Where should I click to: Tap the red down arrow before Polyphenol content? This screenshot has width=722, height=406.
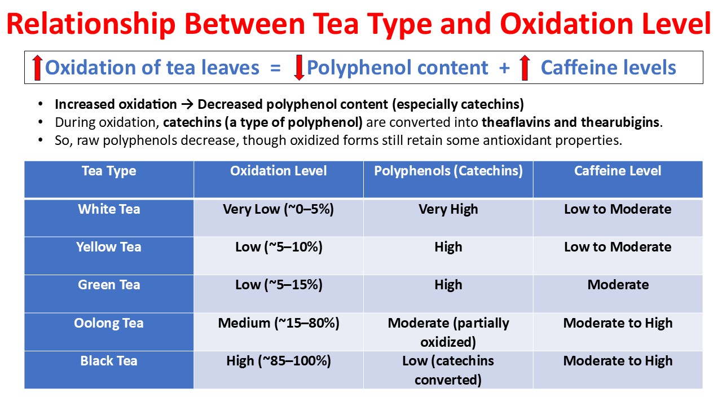(x=299, y=68)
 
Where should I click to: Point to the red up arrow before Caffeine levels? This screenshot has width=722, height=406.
(x=525, y=68)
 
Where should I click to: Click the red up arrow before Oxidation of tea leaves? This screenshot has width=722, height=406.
(x=37, y=68)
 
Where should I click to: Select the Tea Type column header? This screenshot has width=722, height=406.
(x=109, y=171)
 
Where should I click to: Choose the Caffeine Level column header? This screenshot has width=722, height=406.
(x=618, y=171)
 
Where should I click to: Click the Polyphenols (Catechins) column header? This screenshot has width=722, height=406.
(x=448, y=171)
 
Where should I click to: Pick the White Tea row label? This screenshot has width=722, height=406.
(x=109, y=209)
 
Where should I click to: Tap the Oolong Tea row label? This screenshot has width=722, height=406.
(x=109, y=323)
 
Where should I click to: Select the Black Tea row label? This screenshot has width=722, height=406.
(x=109, y=361)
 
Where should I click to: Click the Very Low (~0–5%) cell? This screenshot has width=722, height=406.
(x=279, y=209)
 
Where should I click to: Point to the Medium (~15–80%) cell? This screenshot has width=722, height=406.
(x=279, y=323)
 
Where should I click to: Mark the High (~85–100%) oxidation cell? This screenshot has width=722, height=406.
(x=279, y=361)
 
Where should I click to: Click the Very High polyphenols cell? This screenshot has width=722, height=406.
(x=448, y=209)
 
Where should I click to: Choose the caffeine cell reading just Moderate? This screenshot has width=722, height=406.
(x=618, y=285)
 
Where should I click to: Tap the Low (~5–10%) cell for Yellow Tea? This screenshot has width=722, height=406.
(x=279, y=247)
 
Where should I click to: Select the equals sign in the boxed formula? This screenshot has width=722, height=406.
(x=275, y=68)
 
